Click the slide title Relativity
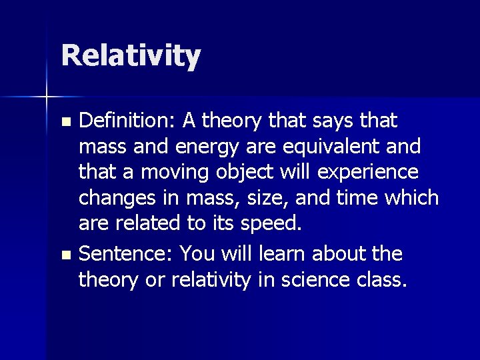[131, 56]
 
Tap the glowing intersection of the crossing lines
[47, 97]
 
